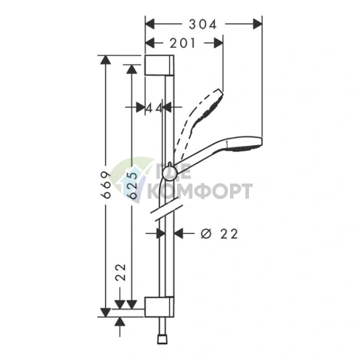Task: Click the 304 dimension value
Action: (202, 24)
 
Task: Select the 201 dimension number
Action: (182, 44)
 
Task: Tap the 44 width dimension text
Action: (154, 108)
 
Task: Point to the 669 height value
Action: (105, 185)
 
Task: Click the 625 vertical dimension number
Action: (132, 186)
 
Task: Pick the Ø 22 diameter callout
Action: (219, 234)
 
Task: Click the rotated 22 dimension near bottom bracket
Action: (120, 272)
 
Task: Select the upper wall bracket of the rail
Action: (159, 65)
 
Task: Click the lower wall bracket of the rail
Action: (159, 306)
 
